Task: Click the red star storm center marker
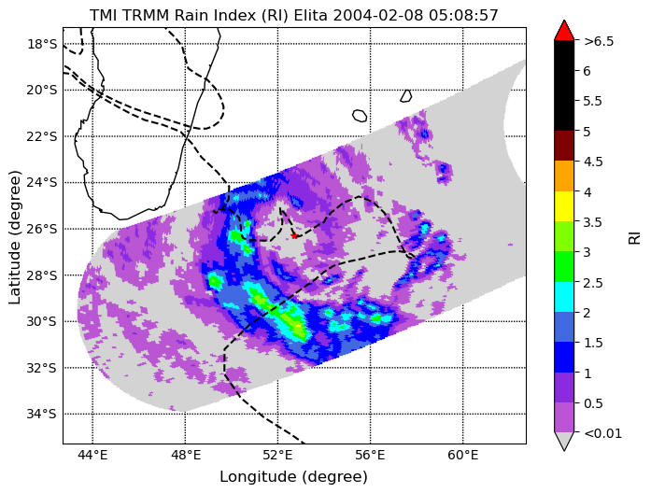[x=294, y=236]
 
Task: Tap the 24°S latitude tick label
[x=42, y=183]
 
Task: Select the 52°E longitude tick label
[x=277, y=456]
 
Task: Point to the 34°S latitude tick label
[x=42, y=414]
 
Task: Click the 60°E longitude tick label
[x=463, y=456]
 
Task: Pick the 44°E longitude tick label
[x=92, y=456]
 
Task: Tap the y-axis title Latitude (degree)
[x=14, y=236]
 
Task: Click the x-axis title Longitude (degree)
[x=293, y=477]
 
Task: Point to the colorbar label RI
[x=635, y=238]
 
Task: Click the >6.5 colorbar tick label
[x=599, y=41]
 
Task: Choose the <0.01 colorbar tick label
[x=602, y=433]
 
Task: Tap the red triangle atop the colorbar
[x=564, y=31]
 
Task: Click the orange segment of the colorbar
[x=564, y=176]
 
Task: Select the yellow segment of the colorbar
[x=564, y=206]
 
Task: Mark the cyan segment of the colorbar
[x=564, y=297]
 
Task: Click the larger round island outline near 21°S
[x=360, y=116]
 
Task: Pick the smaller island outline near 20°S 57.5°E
[x=406, y=96]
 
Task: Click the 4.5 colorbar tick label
[x=593, y=162]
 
